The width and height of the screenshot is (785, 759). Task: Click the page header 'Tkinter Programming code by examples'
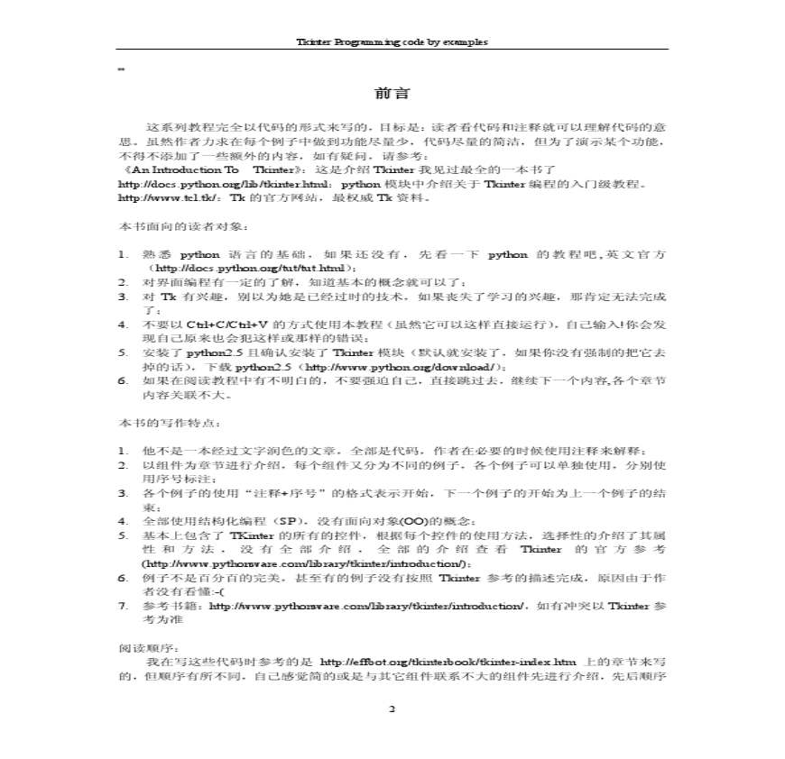392,41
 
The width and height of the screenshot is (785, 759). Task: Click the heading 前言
392,93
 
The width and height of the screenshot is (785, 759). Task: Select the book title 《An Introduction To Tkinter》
185,169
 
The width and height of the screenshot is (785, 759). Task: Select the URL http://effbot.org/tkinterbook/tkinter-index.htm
448,662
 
